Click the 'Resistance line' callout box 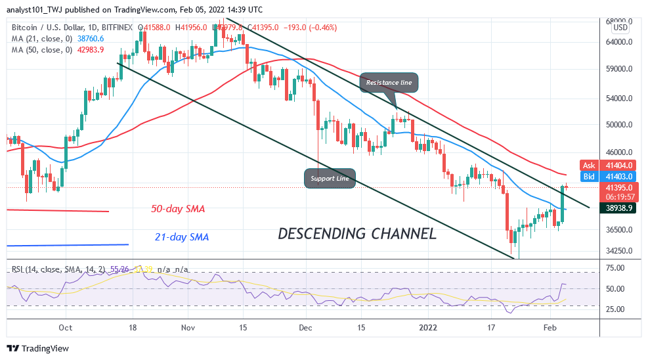tap(389, 83)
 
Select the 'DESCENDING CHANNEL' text tap(356, 233)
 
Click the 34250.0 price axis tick tap(618, 250)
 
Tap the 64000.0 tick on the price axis tap(618, 42)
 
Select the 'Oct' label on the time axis tap(65, 326)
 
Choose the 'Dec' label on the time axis tap(303, 326)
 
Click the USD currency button tap(620, 28)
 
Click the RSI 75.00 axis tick tap(615, 268)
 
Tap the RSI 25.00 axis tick tap(615, 309)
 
